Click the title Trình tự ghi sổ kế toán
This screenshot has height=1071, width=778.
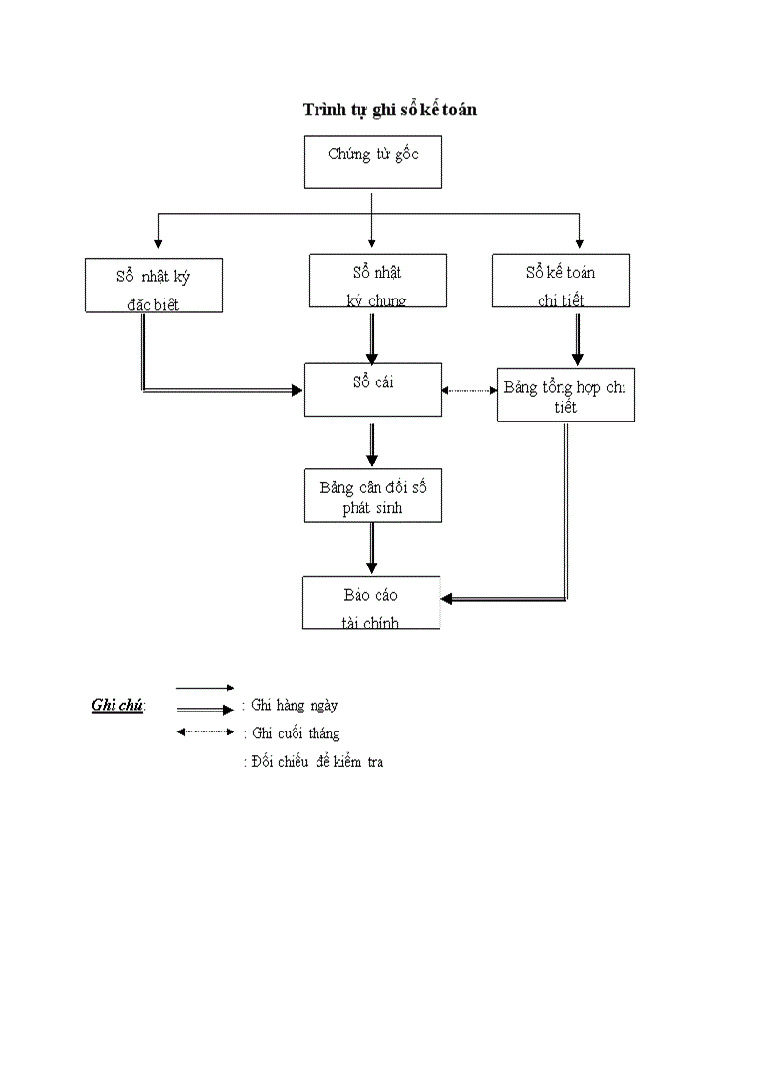point(390,110)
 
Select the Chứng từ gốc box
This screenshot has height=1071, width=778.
point(373,162)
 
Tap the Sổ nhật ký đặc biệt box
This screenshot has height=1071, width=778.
point(154,285)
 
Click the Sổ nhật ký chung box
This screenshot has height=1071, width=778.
point(378,280)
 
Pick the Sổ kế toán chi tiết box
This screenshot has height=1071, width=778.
point(561,280)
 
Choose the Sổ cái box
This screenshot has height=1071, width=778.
point(373,389)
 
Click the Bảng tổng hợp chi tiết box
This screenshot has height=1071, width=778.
point(565,395)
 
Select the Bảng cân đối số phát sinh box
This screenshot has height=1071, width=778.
point(373,495)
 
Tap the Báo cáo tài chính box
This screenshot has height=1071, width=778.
point(371,603)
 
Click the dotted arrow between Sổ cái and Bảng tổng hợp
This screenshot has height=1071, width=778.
point(469,390)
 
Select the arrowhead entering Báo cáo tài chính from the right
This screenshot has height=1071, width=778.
point(447,599)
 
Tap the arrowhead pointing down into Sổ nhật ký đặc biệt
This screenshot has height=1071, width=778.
point(157,245)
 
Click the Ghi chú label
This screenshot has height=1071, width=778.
point(117,706)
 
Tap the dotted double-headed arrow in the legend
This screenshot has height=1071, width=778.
point(205,731)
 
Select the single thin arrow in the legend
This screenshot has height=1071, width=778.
point(205,687)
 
